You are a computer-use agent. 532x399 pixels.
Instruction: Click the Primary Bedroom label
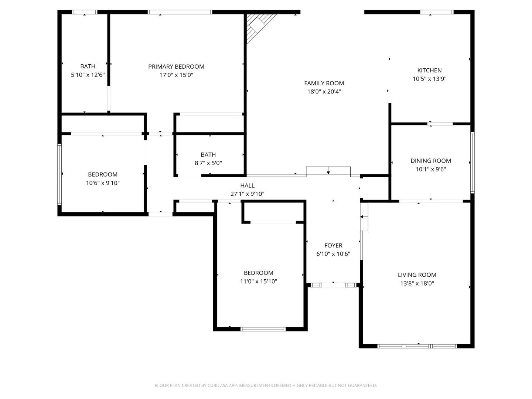[176, 66]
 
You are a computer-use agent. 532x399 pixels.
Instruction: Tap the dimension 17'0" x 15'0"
[176, 75]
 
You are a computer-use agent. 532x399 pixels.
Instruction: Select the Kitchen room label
[429, 70]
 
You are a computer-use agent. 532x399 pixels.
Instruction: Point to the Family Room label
[324, 83]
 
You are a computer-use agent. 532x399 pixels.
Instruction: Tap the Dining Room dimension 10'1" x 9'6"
[431, 169]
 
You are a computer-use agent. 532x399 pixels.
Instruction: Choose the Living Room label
[417, 275]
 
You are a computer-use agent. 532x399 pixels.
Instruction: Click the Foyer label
[333, 245]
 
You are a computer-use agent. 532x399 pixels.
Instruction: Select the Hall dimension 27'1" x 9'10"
[247, 194]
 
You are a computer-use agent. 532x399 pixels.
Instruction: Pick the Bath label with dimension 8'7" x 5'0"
[208, 154]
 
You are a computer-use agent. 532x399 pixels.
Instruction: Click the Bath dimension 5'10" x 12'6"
[88, 75]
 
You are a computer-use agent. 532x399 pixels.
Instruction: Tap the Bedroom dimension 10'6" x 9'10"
[103, 183]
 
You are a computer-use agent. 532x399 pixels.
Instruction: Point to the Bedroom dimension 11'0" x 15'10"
[259, 282]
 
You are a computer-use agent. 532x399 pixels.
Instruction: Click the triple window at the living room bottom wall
[417, 346]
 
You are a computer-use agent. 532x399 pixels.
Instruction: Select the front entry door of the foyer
[333, 285]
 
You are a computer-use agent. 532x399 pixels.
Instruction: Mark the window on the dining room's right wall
[472, 163]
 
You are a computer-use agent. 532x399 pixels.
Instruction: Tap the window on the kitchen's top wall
[437, 12]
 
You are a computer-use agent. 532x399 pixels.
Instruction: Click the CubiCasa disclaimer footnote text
[266, 385]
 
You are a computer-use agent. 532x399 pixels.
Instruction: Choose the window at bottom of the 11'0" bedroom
[263, 329]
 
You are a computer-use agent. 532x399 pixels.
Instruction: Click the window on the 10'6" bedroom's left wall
[59, 174]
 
